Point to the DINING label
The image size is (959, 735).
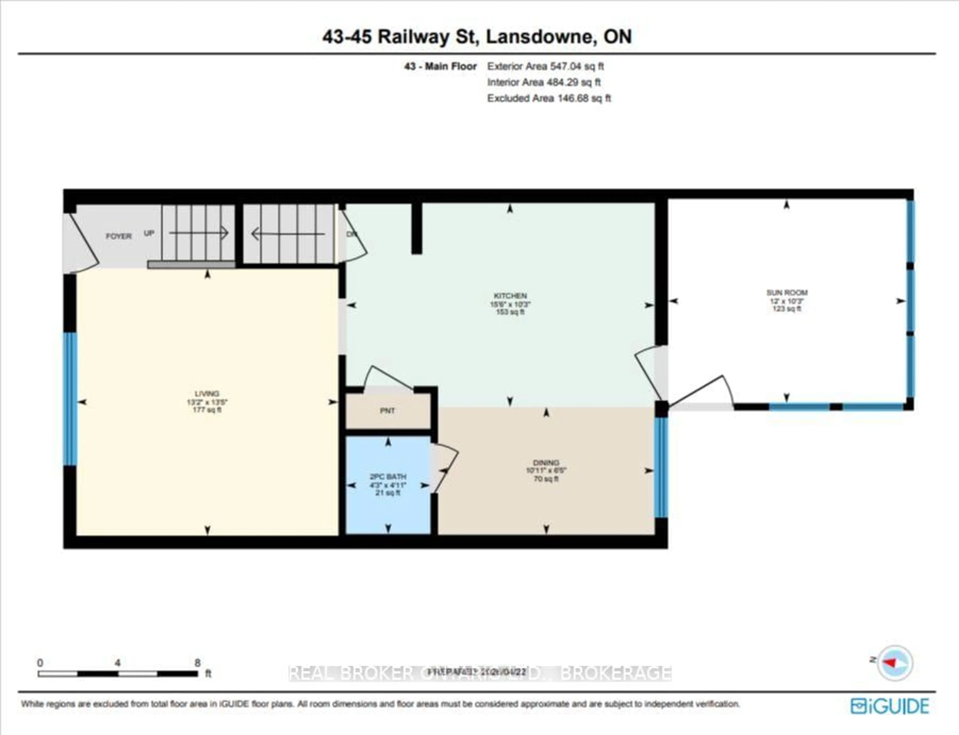pos(546,462)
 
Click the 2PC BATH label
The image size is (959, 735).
pos(388,476)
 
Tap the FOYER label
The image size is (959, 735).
pos(118,236)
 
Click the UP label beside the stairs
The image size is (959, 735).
pos(149,233)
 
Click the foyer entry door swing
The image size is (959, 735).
pos(83,245)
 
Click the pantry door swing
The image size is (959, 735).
pos(387,378)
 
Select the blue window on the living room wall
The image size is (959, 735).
pos(70,398)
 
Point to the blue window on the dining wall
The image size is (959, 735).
pos(661,467)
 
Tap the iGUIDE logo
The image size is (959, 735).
pos(890,706)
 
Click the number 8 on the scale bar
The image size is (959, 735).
pos(197,663)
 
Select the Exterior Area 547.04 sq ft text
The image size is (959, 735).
pos(545,66)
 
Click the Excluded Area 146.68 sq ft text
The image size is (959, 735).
pos(549,98)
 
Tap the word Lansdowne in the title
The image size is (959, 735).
pos(541,37)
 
